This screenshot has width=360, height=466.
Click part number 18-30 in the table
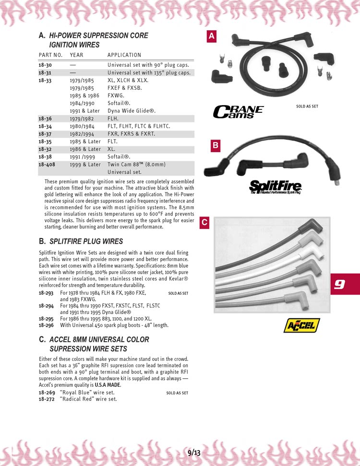[45, 65]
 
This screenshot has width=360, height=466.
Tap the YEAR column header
[76, 55]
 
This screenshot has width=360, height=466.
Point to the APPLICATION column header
[124, 55]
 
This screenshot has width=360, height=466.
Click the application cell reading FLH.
[114, 119]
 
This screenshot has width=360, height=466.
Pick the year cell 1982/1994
[82, 134]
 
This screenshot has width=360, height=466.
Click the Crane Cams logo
[238, 111]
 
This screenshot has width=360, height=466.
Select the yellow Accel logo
[301, 325]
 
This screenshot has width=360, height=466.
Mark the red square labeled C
[204, 222]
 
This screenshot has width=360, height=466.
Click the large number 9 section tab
[339, 284]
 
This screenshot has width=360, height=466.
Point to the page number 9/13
[194, 452]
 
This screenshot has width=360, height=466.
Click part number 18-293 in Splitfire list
[47, 292]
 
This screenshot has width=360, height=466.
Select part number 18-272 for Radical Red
[47, 399]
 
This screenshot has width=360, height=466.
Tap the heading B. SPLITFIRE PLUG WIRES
[81, 241]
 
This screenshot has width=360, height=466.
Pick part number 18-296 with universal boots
[47, 325]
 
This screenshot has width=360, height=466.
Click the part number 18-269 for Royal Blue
[47, 392]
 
